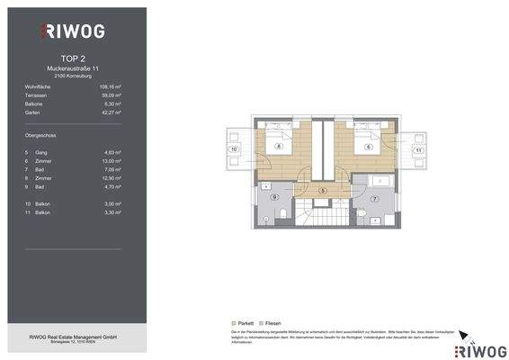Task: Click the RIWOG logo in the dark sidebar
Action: pyautogui.click(x=74, y=31)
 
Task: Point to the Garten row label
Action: pyautogui.click(x=33, y=112)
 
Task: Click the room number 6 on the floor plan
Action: pyautogui.click(x=369, y=146)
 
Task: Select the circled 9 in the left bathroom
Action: pyautogui.click(x=274, y=196)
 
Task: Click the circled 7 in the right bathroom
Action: pyautogui.click(x=374, y=196)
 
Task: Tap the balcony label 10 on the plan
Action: pyautogui.click(x=234, y=149)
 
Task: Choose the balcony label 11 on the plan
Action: pyautogui.click(x=417, y=149)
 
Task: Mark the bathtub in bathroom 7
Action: pyautogui.click(x=379, y=184)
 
